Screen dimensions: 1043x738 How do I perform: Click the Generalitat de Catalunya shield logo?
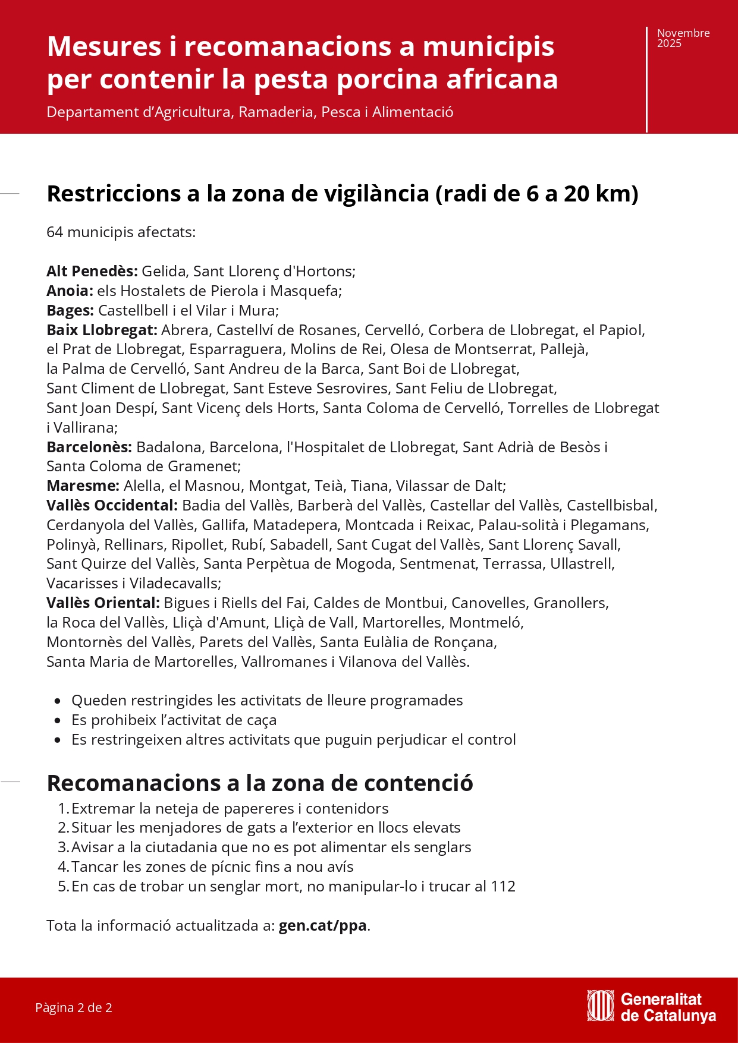pos(599,1006)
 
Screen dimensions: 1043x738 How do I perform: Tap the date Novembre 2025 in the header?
pos(683,38)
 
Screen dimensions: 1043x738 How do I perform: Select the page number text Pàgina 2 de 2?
pos(74,1007)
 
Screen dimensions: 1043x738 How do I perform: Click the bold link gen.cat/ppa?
pos(322,925)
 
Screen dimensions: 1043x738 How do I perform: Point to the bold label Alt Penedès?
pos(92,271)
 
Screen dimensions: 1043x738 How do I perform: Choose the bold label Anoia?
pos(70,291)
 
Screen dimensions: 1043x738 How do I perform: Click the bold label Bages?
pos(70,310)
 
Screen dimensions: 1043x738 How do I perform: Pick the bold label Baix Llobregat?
pos(102,330)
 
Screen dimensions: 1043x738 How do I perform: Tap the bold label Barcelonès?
pos(89,447)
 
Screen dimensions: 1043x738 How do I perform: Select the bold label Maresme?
pos(83,486)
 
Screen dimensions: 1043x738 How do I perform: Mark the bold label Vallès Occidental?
pos(112,505)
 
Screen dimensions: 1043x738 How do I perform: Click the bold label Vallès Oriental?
pos(103,603)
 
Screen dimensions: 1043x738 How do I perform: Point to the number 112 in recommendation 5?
pos(503,886)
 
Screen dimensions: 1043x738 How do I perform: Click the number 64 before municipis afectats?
pos(55,232)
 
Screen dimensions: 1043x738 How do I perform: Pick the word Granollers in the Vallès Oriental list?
pos(570,603)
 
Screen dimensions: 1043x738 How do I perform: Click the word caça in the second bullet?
pos(261,720)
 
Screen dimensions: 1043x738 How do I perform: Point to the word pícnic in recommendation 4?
pos(231,866)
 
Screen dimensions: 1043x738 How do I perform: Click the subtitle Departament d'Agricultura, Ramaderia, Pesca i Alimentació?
pos(250,112)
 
